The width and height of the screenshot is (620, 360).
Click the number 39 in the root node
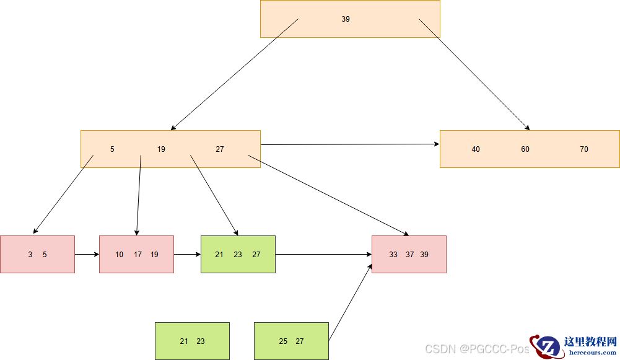346,19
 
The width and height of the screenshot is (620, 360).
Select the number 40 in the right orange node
476,149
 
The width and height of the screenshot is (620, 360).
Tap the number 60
525,149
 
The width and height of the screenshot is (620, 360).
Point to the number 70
584,149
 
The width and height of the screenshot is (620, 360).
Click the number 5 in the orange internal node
112,149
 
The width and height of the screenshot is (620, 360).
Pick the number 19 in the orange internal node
161,149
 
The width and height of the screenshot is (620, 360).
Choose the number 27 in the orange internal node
220,149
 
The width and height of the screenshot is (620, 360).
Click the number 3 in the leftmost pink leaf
30,255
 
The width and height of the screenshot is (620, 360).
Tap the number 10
119,255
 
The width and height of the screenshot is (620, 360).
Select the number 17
138,255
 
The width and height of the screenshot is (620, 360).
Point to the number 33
393,255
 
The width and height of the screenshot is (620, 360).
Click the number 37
410,255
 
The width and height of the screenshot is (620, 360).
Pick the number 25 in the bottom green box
283,341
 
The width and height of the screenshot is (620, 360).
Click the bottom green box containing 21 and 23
192,341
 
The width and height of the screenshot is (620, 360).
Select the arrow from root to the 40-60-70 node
474,74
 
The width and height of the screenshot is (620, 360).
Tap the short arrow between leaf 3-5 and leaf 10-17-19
87,255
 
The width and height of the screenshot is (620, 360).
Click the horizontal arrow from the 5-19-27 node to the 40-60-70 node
350,144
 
